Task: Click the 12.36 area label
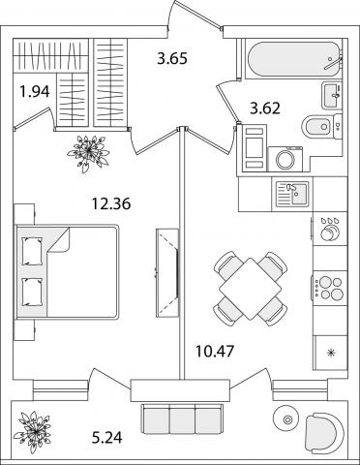coord(111,204)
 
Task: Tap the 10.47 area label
coord(215,351)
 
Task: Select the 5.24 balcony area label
coord(107,438)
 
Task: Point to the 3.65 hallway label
coord(172,59)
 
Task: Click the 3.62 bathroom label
coord(265,108)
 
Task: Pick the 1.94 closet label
coord(35,92)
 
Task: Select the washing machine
coord(285,159)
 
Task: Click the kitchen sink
coord(292,194)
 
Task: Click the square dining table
coord(251,289)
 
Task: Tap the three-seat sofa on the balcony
coord(182,418)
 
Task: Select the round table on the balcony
coord(286,419)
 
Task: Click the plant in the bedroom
coord(88,151)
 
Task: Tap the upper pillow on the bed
coord(32,251)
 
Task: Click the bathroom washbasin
coord(330,95)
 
